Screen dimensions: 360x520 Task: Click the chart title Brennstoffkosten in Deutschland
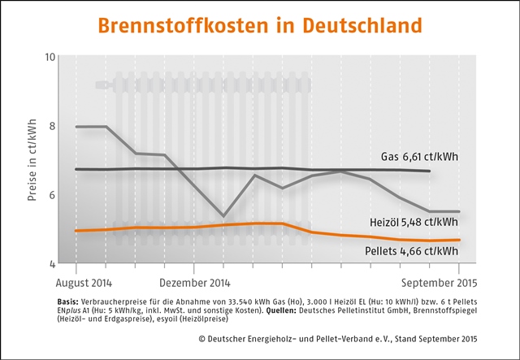tap(260, 24)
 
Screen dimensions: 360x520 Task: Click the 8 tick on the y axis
tap(51, 126)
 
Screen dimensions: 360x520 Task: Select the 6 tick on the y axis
tap(51, 195)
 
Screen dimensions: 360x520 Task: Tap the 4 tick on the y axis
tap(51, 264)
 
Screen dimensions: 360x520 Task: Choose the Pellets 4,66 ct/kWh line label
tap(412, 253)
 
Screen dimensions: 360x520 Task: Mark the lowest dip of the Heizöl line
tap(223, 216)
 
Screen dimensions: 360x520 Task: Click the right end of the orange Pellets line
tap(460, 240)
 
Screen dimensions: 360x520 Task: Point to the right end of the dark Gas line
tap(430, 171)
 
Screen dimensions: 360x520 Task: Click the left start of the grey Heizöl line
tap(76, 127)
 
